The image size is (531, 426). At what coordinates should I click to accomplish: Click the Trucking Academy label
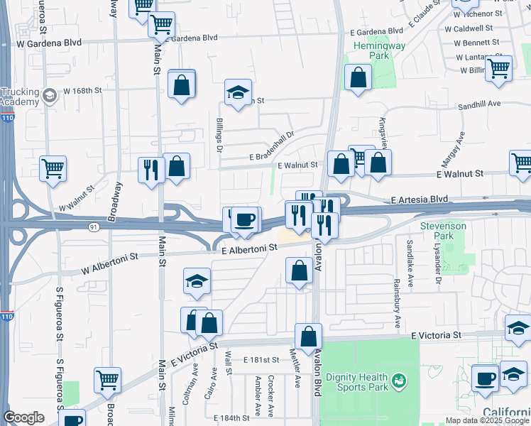point(21,97)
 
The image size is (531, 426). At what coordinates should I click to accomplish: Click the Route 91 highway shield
point(94,226)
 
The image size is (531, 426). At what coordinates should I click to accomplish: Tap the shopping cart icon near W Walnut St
point(53,169)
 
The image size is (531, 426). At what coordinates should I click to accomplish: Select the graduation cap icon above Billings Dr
point(239,92)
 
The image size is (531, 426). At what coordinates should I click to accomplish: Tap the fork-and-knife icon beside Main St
point(150,170)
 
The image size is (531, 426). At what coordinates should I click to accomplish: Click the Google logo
point(23,417)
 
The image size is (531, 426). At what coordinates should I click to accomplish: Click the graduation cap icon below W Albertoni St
point(197,281)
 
